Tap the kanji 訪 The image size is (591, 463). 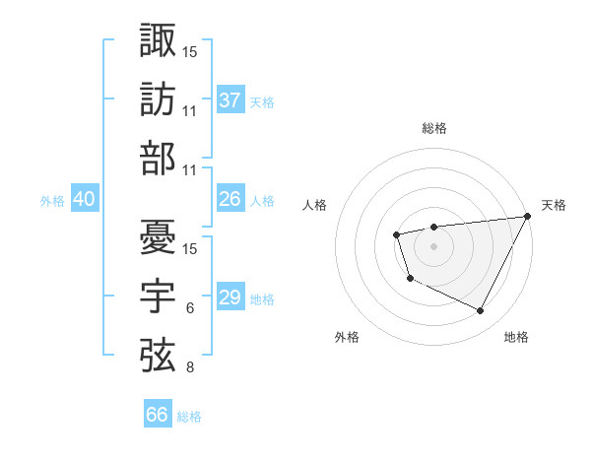158,99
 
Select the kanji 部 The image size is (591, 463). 158,159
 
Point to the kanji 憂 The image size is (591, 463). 158,237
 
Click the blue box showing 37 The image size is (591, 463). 230,100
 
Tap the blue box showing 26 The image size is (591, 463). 230,199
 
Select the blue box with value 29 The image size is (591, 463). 230,298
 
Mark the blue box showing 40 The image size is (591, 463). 85,199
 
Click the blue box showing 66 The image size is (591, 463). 158,415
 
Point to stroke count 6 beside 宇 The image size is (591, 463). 190,309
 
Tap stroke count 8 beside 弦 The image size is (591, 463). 190,368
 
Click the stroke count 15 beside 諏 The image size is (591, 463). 190,50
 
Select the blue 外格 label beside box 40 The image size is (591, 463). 52,200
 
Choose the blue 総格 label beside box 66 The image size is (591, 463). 190,416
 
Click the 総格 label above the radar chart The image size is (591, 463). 433,128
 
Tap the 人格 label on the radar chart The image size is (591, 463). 315,205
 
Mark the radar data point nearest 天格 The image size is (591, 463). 529,218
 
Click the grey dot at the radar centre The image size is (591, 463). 433,245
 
